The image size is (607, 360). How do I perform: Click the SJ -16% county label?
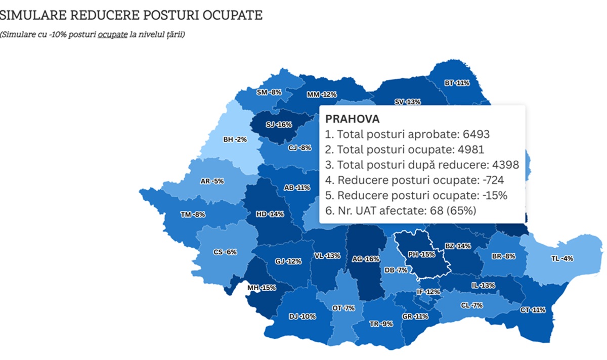tap(279, 124)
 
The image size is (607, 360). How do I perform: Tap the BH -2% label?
tap(235, 139)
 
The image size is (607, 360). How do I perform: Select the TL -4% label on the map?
tap(562, 258)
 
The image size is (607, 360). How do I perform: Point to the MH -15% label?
tap(261, 288)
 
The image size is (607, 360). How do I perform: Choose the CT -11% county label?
tap(532, 309)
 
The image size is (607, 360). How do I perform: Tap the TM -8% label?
tap(193, 214)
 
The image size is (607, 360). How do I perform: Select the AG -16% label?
tap(365, 259)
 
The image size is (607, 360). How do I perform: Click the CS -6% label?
tap(225, 252)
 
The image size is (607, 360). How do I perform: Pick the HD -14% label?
tap(270, 214)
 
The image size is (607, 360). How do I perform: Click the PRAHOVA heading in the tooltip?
tap(352, 119)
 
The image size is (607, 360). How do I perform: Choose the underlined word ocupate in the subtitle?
tap(112, 35)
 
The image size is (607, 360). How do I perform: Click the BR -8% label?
tap(503, 256)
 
